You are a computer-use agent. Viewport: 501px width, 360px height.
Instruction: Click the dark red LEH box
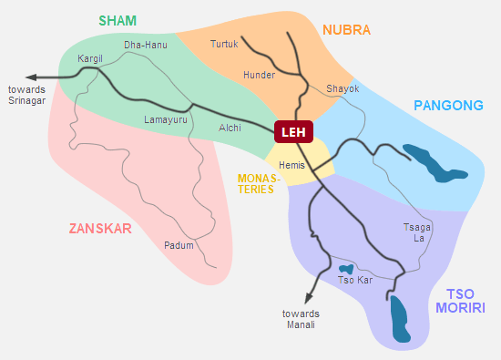pos(293,132)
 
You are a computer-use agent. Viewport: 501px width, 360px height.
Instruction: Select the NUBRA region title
pos(347,30)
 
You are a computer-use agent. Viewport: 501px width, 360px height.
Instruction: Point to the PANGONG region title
pos(448,106)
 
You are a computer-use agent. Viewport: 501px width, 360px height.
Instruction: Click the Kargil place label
pos(91,58)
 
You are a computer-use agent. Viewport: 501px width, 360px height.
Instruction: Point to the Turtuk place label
pos(224,44)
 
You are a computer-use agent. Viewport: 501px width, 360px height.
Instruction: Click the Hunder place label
pos(259,75)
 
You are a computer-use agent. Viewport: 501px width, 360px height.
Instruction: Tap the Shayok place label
pos(343,88)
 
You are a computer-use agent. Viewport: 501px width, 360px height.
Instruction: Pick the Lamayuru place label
pos(167,119)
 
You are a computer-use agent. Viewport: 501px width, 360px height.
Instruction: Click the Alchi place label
pos(230,129)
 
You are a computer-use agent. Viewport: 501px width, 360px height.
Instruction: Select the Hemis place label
pos(292,165)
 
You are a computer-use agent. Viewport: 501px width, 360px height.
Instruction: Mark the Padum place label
pos(179,245)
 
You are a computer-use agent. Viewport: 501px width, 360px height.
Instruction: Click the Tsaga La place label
pos(414,232)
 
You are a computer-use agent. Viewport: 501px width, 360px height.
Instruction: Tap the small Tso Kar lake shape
pos(346,269)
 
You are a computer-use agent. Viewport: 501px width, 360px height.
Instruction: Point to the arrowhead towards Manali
pos(310,299)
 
